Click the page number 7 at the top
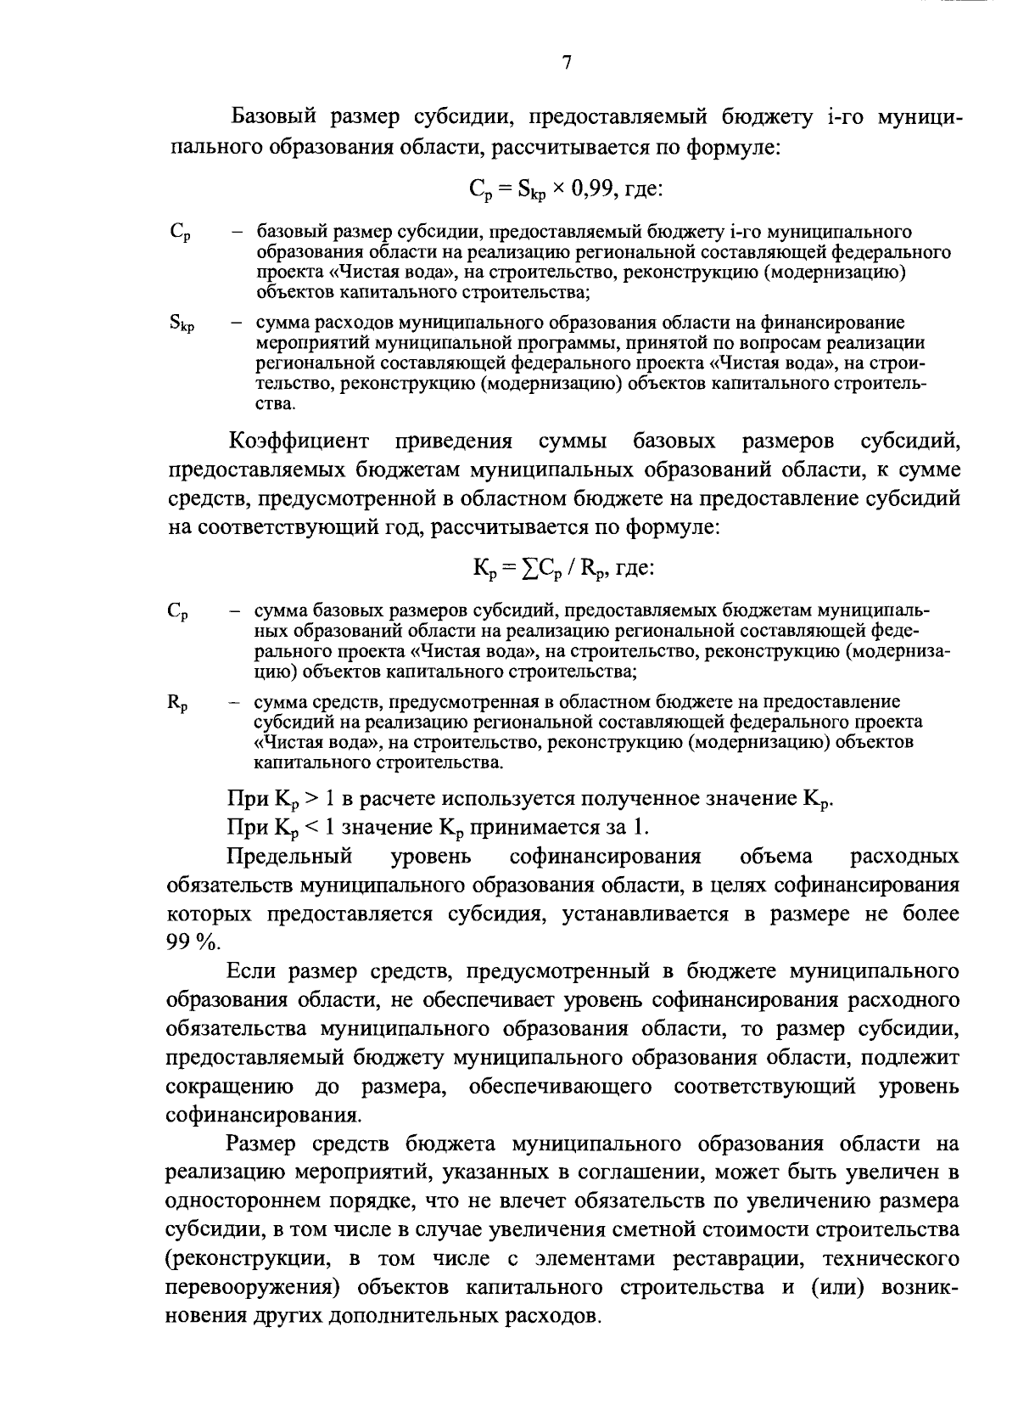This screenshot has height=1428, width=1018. click(567, 63)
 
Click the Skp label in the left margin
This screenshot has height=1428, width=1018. click(182, 323)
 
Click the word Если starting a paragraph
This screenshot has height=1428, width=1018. click(251, 971)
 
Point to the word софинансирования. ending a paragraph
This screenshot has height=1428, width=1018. click(262, 1116)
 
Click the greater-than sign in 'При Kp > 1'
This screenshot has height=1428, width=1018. click(312, 799)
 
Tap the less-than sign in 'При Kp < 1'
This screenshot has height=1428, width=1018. click(312, 828)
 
